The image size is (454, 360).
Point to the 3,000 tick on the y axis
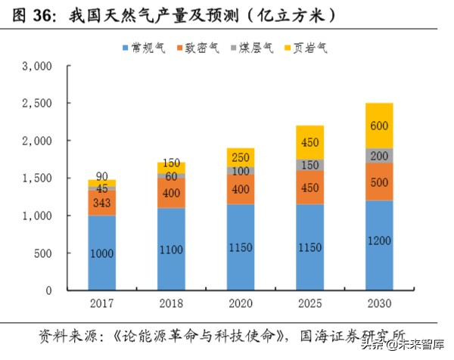[x=37, y=66]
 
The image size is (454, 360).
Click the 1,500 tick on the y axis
[x=37, y=178]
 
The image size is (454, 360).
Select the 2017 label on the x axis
[x=102, y=306]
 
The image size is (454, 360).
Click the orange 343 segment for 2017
[x=102, y=203]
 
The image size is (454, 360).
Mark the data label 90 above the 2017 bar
[x=102, y=177]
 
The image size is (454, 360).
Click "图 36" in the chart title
[x=30, y=14]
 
